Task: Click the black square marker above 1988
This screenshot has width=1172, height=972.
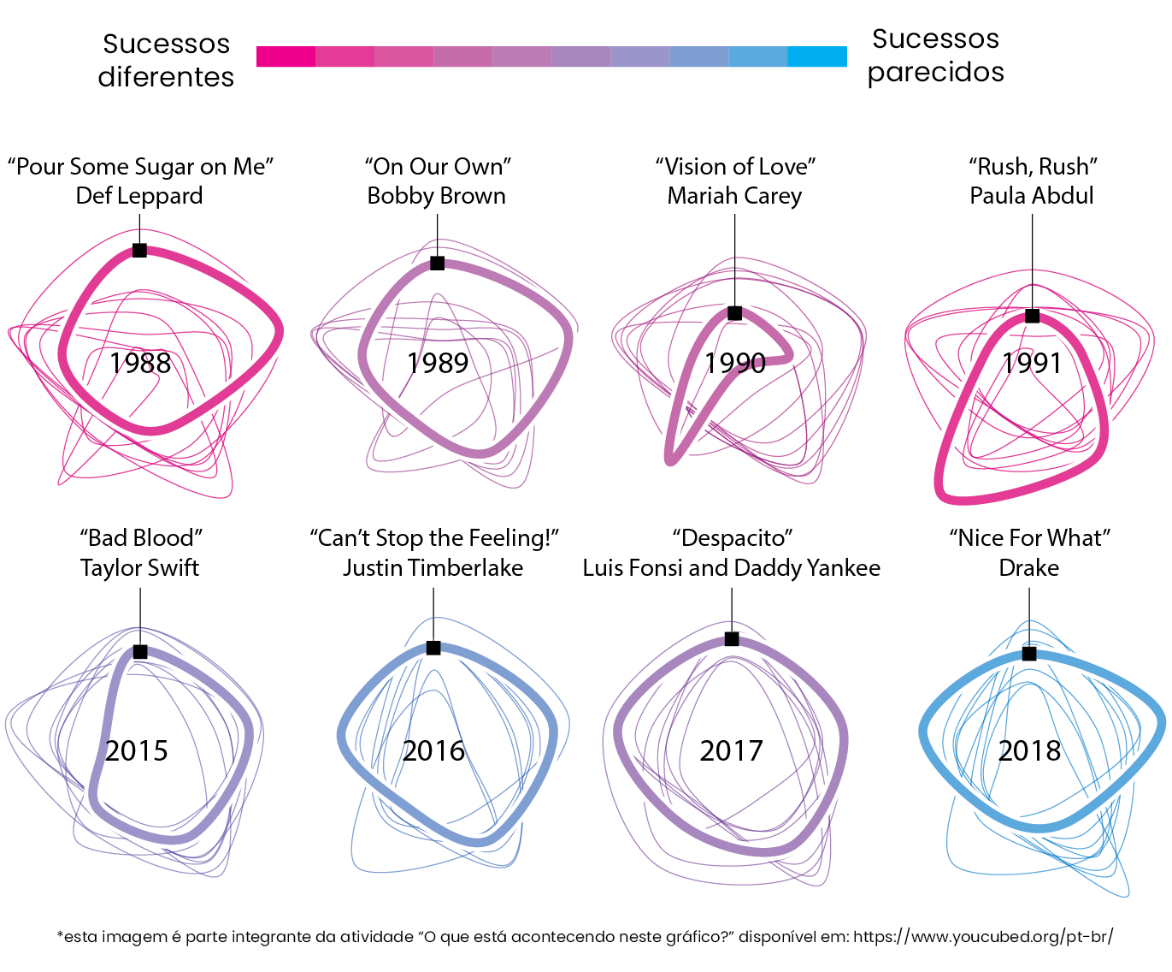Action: pyautogui.click(x=139, y=250)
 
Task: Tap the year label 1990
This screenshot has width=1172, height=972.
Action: pyautogui.click(x=735, y=363)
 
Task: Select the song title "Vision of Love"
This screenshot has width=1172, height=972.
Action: pyautogui.click(x=735, y=166)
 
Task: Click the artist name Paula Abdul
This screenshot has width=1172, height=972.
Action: pyautogui.click(x=1031, y=196)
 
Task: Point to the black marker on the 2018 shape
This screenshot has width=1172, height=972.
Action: pyautogui.click(x=1029, y=654)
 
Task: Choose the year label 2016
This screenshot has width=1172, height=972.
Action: pyautogui.click(x=433, y=751)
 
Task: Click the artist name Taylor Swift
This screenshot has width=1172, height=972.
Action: pyautogui.click(x=139, y=568)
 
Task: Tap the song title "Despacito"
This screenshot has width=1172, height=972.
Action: pyautogui.click(x=732, y=538)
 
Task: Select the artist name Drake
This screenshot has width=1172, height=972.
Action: pyautogui.click(x=1028, y=568)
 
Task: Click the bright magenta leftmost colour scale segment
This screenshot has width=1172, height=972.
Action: pyautogui.click(x=286, y=56)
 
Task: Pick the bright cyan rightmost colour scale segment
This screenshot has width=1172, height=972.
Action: pyautogui.click(x=817, y=56)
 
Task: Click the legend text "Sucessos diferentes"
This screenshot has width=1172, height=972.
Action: pyautogui.click(x=166, y=61)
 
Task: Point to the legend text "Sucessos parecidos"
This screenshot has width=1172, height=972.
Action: pyautogui.click(x=935, y=56)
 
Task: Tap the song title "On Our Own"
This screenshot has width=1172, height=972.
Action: pyautogui.click(x=437, y=166)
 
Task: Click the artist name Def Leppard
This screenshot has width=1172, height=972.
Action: pyautogui.click(x=139, y=196)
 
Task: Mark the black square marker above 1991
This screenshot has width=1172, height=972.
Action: pyautogui.click(x=1032, y=316)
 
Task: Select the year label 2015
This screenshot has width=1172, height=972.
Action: pyautogui.click(x=137, y=751)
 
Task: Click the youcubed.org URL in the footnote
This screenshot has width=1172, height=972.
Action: pyautogui.click(x=983, y=937)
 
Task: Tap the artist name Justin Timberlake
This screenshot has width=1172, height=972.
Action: pyautogui.click(x=433, y=568)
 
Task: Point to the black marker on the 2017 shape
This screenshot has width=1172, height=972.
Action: pyautogui.click(x=732, y=638)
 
